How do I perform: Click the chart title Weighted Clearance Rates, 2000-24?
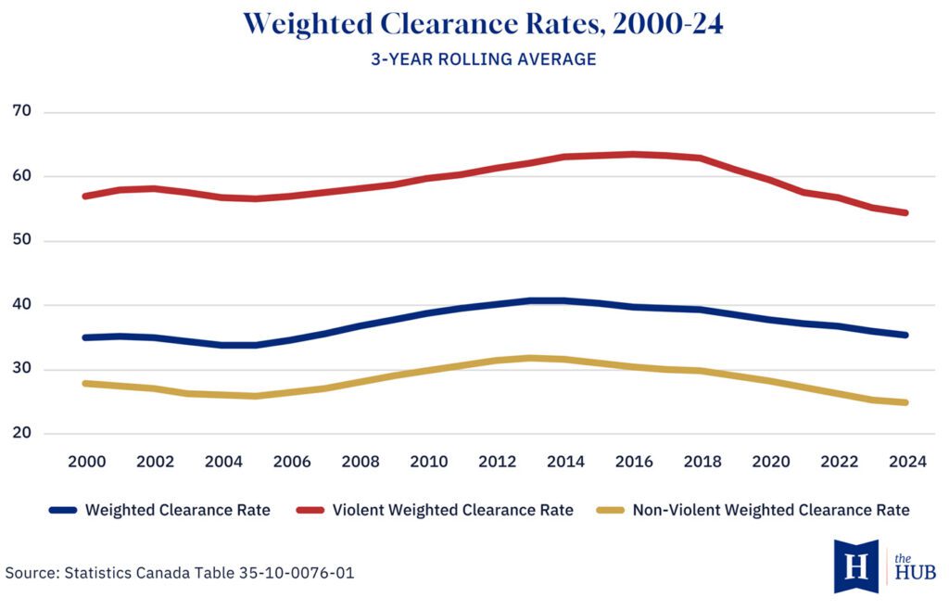click(483, 25)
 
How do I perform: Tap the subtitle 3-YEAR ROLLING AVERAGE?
click(483, 59)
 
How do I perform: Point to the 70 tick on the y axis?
click(23, 111)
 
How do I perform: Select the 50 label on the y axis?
click(23, 240)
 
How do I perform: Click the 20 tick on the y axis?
click(23, 433)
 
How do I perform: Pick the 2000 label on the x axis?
click(86, 462)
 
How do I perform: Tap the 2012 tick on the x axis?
click(496, 462)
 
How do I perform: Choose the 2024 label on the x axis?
click(906, 462)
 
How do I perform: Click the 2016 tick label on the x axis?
click(633, 462)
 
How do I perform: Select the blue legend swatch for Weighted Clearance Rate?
click(63, 510)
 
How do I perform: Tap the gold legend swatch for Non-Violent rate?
click(609, 510)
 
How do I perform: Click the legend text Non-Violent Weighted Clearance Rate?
click(771, 510)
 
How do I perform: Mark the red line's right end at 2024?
click(905, 212)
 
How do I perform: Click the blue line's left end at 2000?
click(85, 337)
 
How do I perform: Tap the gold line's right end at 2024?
click(905, 402)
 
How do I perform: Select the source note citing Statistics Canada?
click(180, 573)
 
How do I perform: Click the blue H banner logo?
click(855, 566)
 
